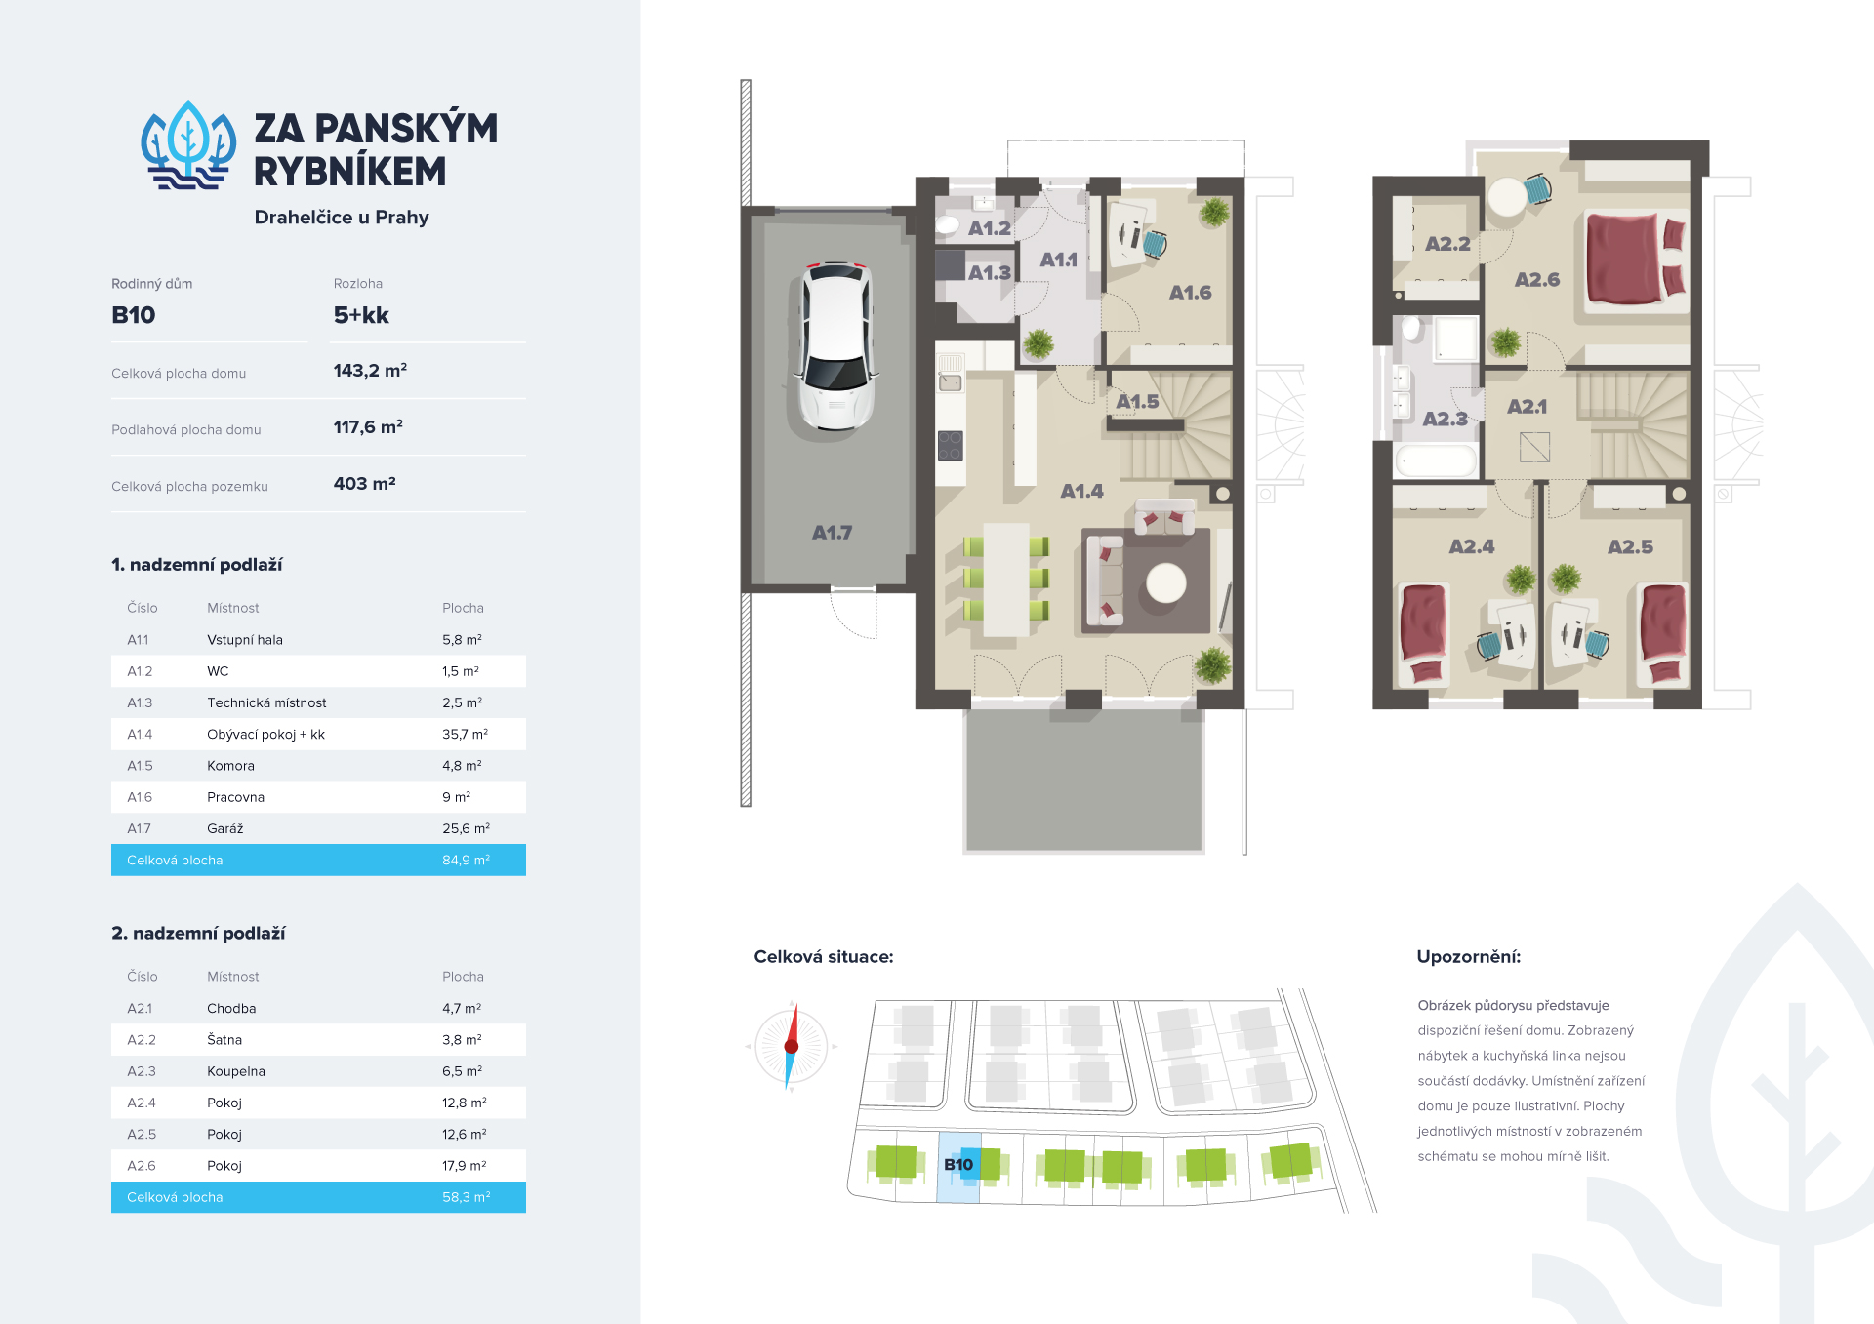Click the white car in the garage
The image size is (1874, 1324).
[x=836, y=346]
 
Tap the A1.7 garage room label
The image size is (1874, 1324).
[x=833, y=533]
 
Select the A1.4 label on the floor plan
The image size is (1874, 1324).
[x=1082, y=492]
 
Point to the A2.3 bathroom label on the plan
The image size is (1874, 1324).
[x=1446, y=420]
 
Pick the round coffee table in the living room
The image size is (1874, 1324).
[x=1166, y=583]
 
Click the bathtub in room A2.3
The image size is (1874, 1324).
[x=1437, y=461]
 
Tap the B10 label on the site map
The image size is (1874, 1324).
[x=958, y=1165]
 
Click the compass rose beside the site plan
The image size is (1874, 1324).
[x=792, y=1046]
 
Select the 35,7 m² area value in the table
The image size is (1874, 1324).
[x=465, y=735]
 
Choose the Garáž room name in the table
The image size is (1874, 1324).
[x=225, y=829]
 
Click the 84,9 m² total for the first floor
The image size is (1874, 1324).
[x=466, y=861]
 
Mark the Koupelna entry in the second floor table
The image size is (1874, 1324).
[x=236, y=1071]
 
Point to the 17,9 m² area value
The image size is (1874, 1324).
[x=465, y=1166]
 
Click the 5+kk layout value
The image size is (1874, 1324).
[x=361, y=315]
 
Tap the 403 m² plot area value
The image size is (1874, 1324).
[x=365, y=484]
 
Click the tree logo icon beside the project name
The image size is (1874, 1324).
[x=188, y=146]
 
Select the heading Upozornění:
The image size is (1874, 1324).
[x=1469, y=957]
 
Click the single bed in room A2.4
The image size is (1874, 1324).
[x=1424, y=633]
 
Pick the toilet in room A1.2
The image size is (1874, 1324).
[x=948, y=225]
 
